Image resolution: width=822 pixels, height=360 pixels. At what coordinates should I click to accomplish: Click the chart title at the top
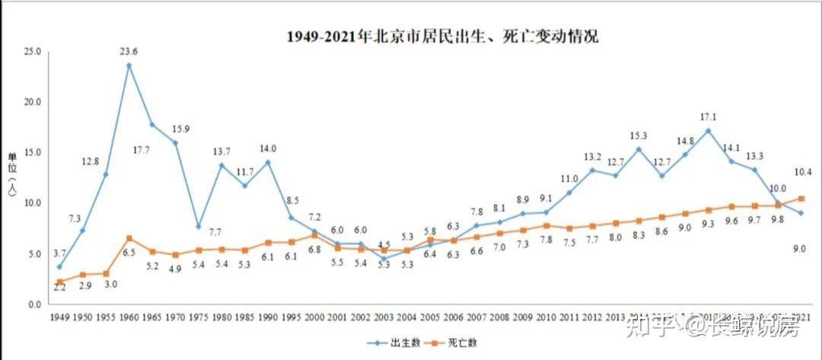(442, 36)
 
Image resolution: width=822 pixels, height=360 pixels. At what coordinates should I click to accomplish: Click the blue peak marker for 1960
(129, 65)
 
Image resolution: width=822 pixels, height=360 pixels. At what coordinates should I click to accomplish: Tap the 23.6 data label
(129, 52)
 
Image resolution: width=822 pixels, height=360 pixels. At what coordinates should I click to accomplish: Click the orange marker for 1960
(129, 238)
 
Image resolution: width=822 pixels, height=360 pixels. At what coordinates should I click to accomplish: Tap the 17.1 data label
(709, 116)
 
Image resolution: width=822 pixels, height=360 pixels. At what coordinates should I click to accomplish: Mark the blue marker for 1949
(59, 267)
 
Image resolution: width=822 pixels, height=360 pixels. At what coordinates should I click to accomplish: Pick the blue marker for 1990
(268, 162)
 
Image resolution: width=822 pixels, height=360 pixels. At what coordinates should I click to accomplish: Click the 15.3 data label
(639, 135)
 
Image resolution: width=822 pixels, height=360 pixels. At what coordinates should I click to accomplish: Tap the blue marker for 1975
(198, 226)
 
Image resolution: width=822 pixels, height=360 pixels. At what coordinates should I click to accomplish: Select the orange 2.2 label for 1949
(60, 288)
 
